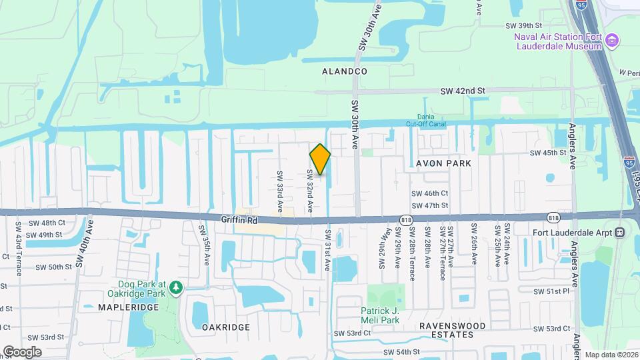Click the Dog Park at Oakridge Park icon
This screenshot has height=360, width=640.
click(175, 287)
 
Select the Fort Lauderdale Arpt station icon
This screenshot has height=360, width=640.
click(619, 232)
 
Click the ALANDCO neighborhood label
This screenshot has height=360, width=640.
click(344, 71)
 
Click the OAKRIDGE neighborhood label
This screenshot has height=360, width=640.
click(225, 327)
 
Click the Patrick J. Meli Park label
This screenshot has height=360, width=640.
click(389, 315)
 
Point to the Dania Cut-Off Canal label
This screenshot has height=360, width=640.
click(425, 120)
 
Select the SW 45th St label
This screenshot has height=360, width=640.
click(547, 153)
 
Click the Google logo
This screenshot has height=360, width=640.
click(22, 351)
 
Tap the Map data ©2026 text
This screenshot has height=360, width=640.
click(610, 355)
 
